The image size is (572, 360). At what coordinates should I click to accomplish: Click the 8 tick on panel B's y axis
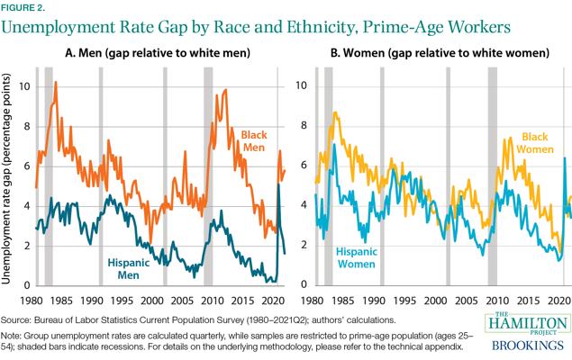click(x=304, y=126)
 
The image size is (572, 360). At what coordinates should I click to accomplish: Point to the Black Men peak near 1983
click(x=56, y=83)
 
